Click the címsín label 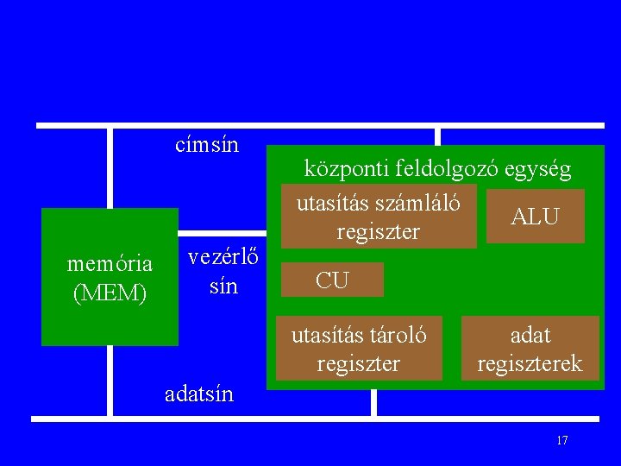coord(206,145)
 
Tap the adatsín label coord(198,394)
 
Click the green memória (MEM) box coord(110,277)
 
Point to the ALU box coord(535,217)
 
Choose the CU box coord(332,280)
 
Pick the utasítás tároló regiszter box coord(359,349)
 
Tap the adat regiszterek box coord(530,349)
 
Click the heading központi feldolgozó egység coord(437,169)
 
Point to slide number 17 coord(562,441)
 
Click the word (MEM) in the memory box coord(110,293)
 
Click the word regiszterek coord(530,363)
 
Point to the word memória coord(110,262)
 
